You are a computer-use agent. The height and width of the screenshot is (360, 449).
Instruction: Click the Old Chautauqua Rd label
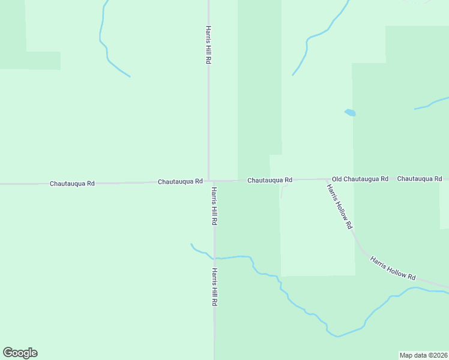click(x=360, y=179)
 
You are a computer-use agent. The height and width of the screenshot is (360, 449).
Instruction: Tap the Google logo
click(x=20, y=353)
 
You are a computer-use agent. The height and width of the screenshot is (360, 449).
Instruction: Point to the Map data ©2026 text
click(x=424, y=355)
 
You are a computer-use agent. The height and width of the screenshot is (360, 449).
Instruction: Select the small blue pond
click(x=349, y=112)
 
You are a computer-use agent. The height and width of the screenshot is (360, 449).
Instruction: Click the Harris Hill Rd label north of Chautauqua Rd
click(x=208, y=45)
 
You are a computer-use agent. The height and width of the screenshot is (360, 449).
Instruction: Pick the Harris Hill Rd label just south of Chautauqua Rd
click(x=214, y=205)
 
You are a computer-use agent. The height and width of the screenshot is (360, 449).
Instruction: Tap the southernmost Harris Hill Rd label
click(x=214, y=287)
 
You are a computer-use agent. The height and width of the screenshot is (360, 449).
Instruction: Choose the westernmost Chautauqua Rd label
click(x=72, y=183)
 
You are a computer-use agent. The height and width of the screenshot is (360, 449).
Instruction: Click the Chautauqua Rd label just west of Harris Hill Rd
click(x=180, y=181)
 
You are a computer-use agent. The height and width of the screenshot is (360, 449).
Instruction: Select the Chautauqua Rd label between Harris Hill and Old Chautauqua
click(x=270, y=180)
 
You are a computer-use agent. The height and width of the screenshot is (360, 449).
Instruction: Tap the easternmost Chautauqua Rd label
click(x=420, y=179)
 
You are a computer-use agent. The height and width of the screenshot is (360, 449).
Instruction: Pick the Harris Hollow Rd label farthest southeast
click(x=393, y=268)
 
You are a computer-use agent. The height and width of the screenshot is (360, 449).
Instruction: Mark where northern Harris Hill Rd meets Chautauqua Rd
click(x=208, y=180)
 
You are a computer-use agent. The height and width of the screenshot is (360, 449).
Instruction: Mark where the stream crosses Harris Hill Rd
click(x=214, y=258)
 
